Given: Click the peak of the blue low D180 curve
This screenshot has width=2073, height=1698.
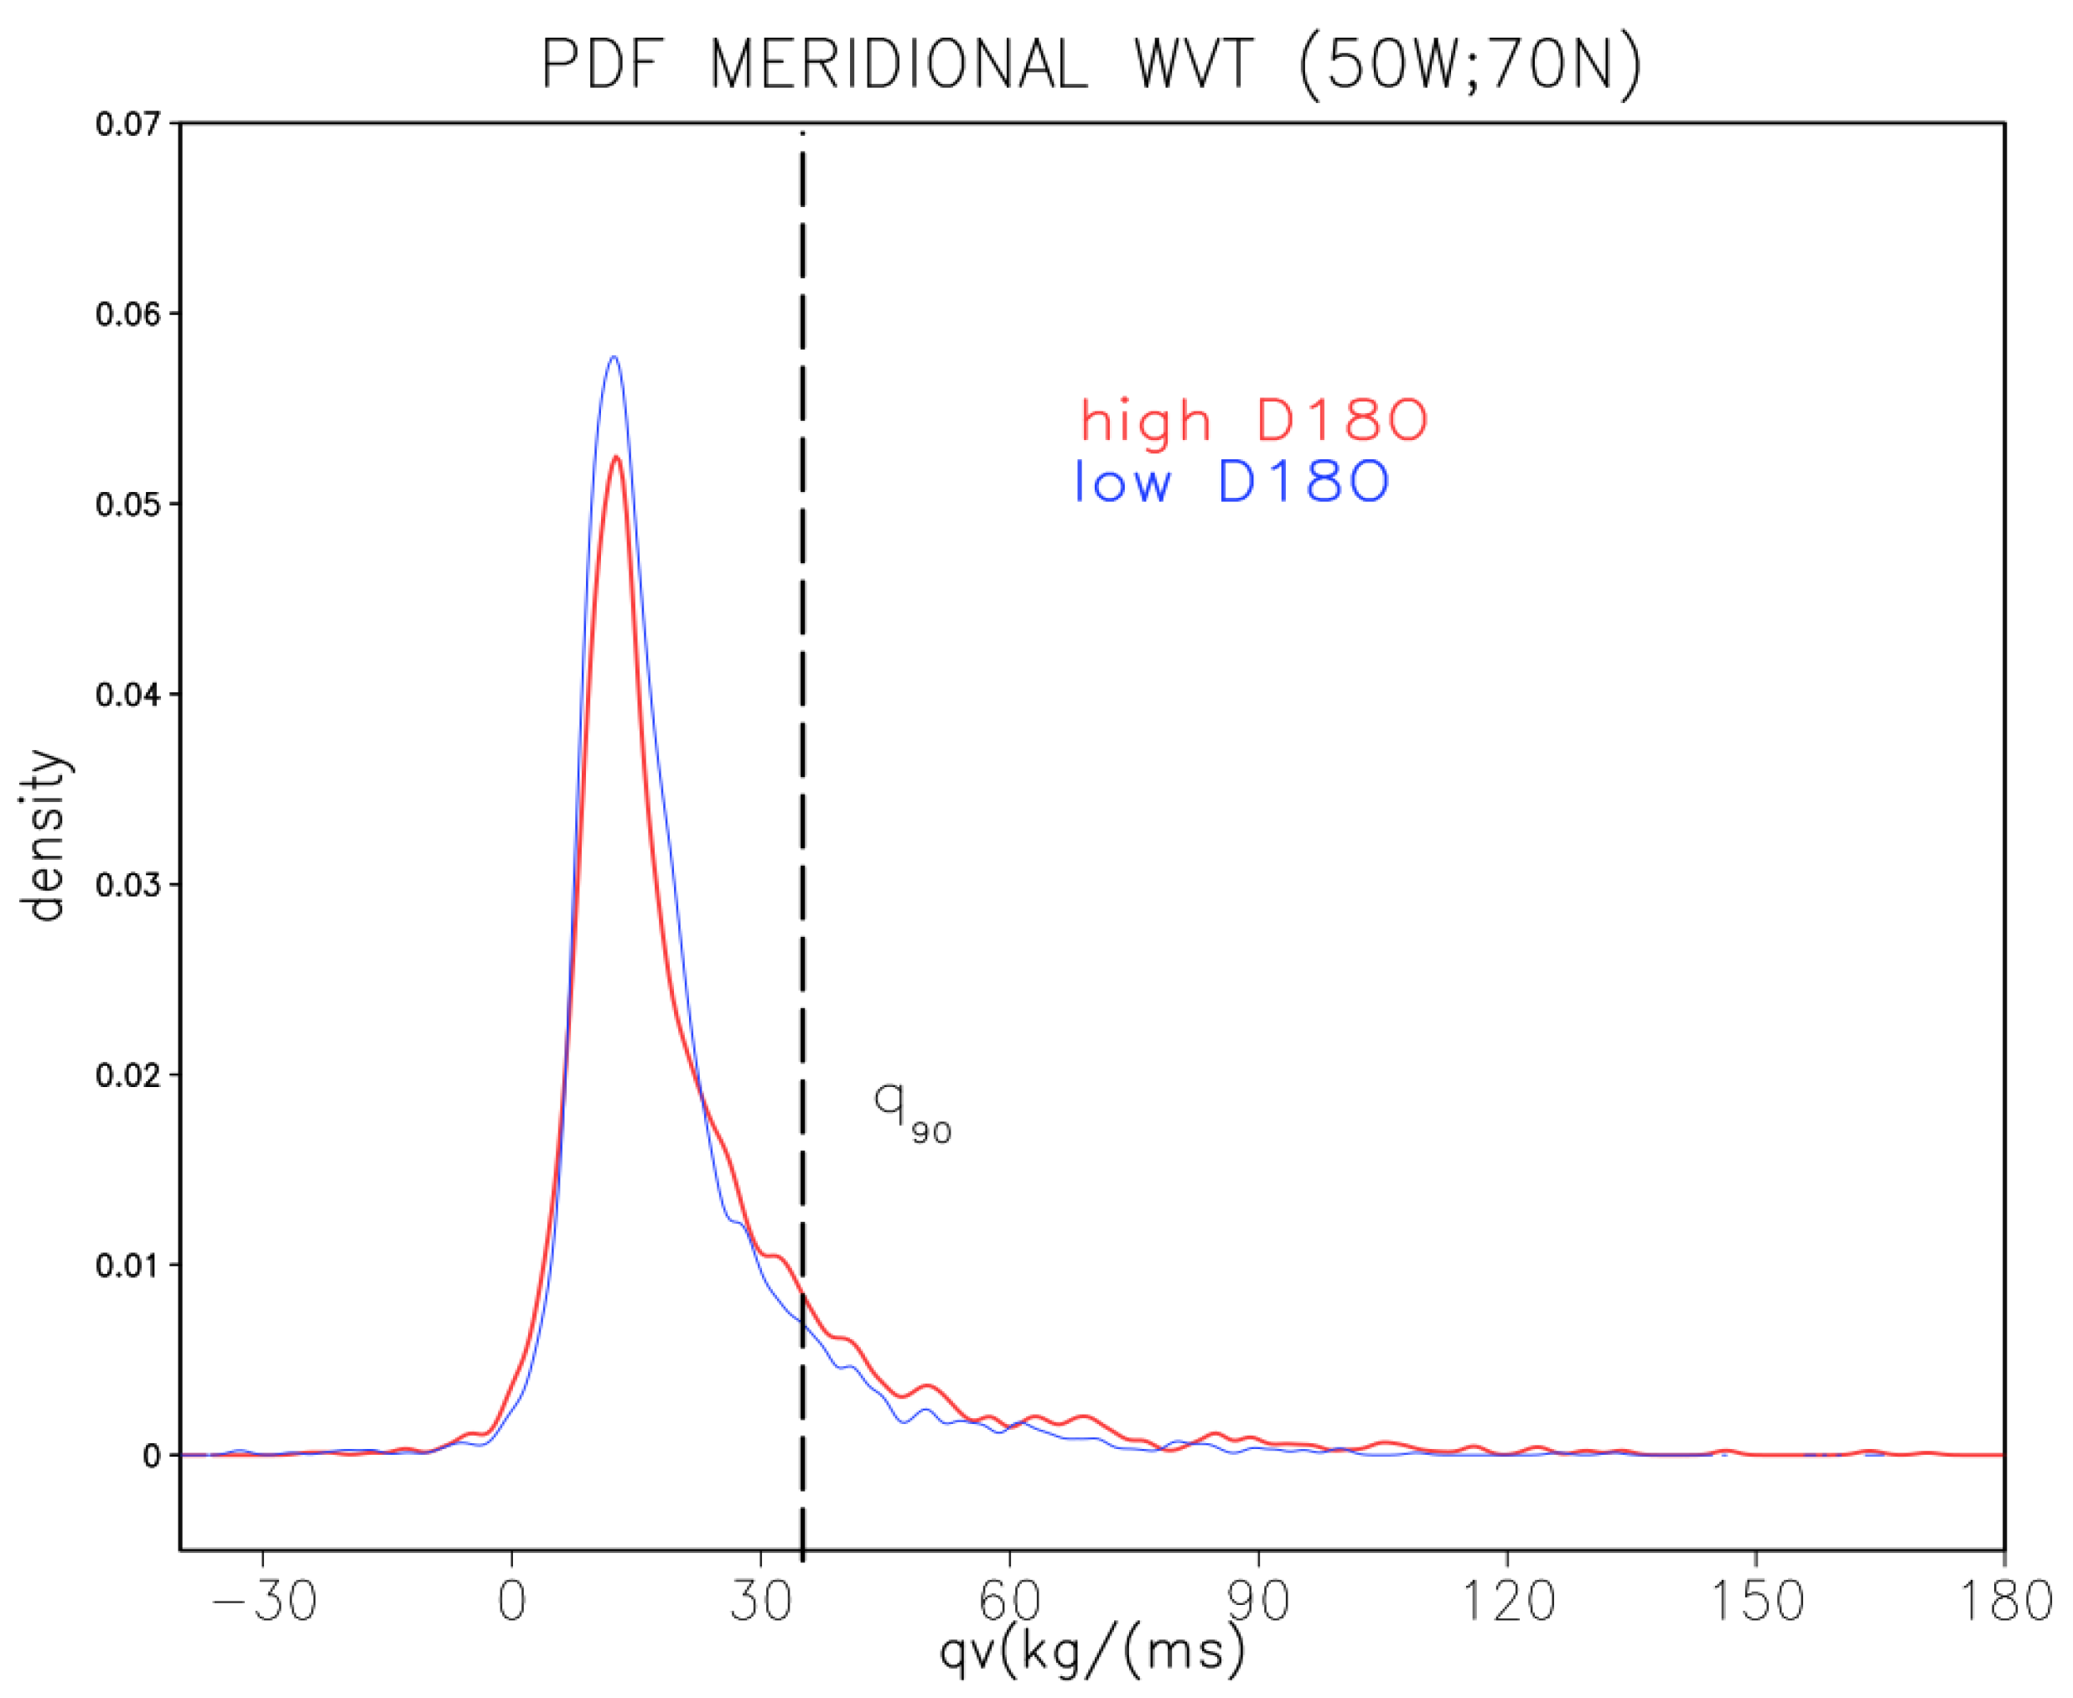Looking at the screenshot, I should point(614,358).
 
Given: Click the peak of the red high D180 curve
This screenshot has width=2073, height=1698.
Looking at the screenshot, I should point(615,458).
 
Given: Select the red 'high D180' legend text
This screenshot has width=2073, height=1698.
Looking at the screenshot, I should point(1253,422).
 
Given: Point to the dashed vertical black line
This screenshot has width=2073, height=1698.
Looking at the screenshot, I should point(802,685).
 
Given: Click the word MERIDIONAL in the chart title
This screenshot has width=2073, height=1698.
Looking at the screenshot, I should point(898,66).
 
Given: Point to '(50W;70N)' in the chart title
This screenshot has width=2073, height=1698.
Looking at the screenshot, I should point(1469,66).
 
